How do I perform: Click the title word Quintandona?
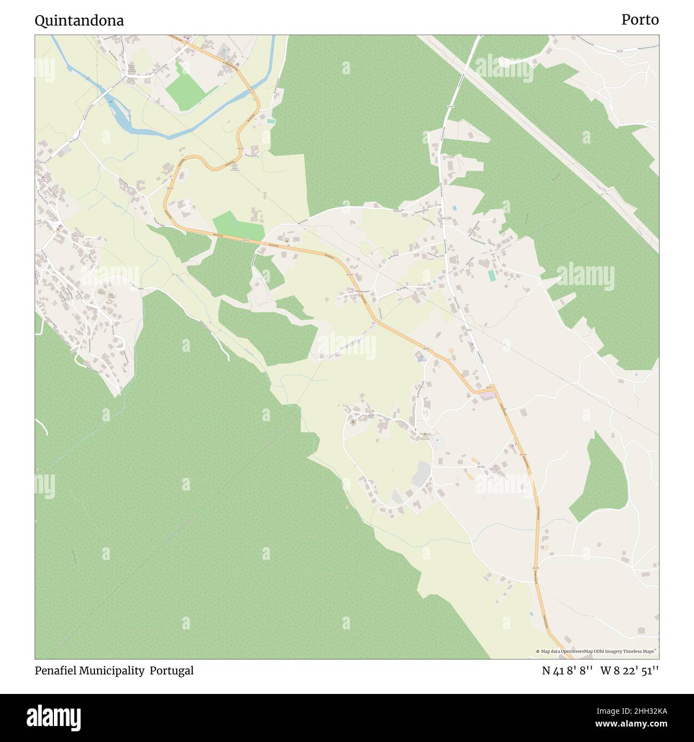[79, 21]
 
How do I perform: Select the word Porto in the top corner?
[640, 20]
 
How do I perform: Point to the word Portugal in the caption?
[171, 671]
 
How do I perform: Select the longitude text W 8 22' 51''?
[629, 671]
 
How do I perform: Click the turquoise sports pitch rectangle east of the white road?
[491, 276]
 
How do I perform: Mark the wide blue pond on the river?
[120, 116]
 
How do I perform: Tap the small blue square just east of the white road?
[454, 208]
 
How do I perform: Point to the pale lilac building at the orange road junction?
[487, 396]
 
